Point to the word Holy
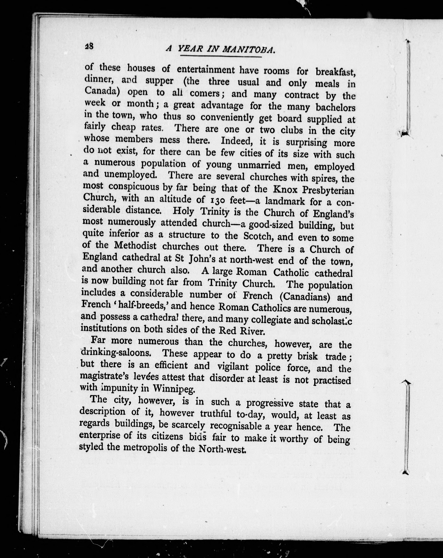point(183,212)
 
